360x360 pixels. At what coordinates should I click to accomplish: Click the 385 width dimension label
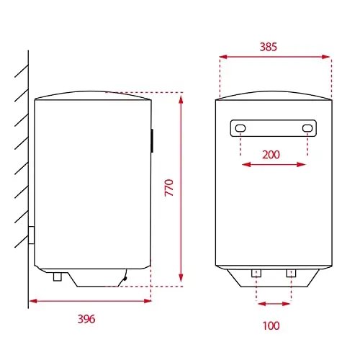[x=269, y=47]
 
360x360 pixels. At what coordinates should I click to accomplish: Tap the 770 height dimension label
[x=169, y=188]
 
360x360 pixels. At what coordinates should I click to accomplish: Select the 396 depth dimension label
[x=86, y=319]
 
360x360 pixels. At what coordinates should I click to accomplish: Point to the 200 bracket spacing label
[x=271, y=155]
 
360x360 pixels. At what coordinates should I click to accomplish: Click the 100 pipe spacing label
[x=271, y=325]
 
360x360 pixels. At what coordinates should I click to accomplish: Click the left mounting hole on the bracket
[x=240, y=128]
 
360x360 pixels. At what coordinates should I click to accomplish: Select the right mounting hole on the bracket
[x=307, y=128]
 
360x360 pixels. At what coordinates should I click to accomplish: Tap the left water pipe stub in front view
[x=256, y=273]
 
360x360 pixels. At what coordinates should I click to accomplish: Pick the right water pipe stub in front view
[x=291, y=273]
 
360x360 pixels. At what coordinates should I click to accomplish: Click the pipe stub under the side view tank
[x=58, y=276]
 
